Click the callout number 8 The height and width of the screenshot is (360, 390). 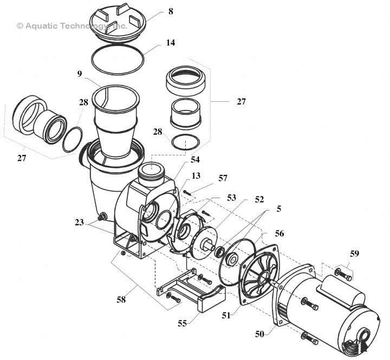[171, 11]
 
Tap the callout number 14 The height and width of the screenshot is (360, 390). [171, 43]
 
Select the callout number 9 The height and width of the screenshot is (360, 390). [79, 74]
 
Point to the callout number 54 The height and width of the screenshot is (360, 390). [195, 160]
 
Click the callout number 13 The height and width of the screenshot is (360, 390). [196, 176]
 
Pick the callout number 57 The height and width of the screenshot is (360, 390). [223, 178]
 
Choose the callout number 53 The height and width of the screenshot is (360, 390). [231, 198]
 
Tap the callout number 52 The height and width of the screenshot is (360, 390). [259, 199]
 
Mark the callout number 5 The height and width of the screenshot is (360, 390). [278, 209]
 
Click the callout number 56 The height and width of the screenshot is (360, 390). [279, 233]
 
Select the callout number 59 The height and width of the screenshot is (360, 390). [354, 253]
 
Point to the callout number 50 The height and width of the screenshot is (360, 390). [259, 334]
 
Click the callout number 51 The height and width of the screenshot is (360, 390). [226, 315]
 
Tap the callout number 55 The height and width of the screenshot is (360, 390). [182, 323]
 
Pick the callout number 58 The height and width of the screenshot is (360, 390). [121, 299]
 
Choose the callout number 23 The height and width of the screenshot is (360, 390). [79, 222]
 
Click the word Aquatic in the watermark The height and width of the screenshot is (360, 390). [41, 26]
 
